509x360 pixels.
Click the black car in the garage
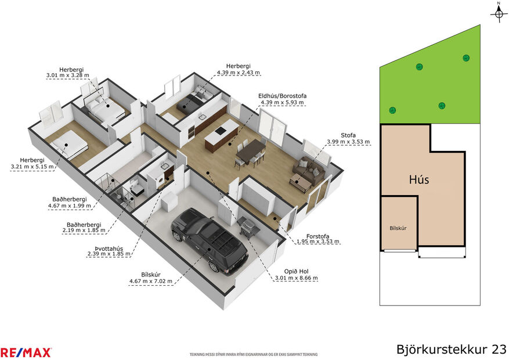[209, 239]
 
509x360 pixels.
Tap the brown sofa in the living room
[309, 170]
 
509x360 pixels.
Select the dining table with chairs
[250, 152]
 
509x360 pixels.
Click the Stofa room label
[348, 135]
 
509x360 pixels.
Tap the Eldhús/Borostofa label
[282, 96]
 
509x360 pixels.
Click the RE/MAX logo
[26, 352]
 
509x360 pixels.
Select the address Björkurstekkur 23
[451, 350]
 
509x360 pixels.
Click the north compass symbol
[499, 13]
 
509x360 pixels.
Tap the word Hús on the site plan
[418, 179]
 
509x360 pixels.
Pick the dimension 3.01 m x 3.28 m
[67, 75]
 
